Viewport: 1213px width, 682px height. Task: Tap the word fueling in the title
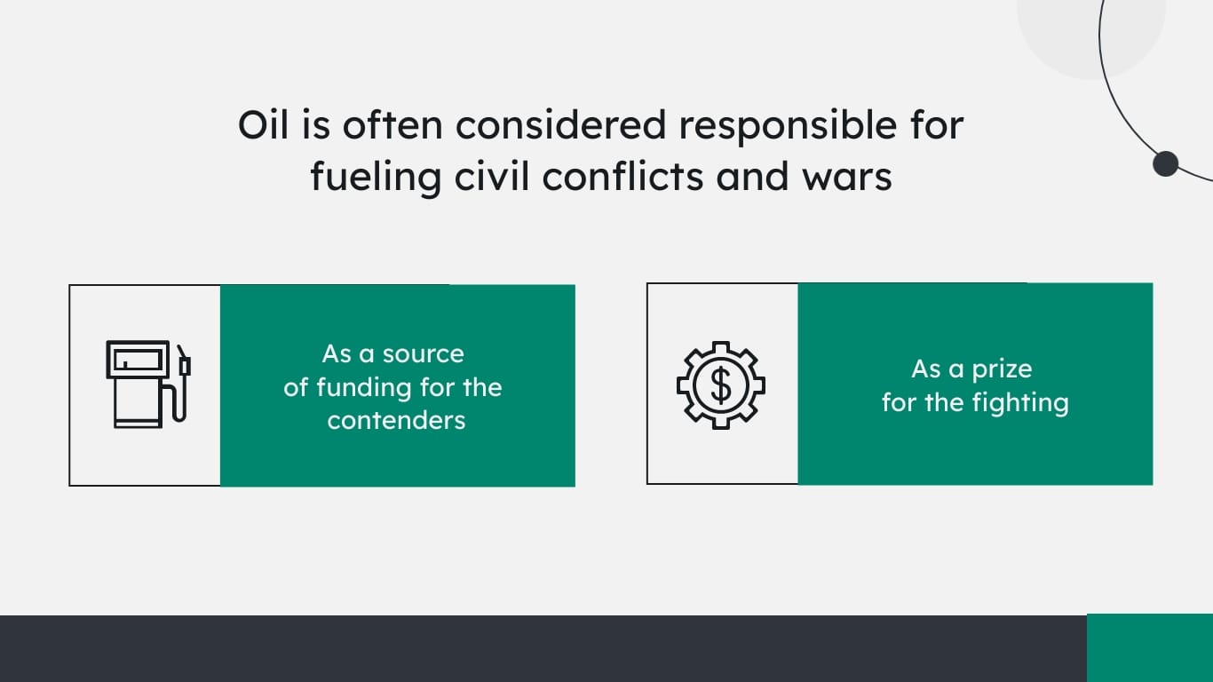376,178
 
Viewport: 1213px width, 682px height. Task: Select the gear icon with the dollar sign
721,385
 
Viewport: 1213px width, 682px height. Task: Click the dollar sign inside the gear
721,385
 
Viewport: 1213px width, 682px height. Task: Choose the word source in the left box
423,353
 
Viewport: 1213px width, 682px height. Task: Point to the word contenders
396,420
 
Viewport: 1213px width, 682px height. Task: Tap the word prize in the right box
1001,369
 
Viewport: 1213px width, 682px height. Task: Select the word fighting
1020,403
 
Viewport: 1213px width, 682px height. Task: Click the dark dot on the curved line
1165,163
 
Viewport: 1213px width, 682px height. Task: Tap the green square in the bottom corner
1150,647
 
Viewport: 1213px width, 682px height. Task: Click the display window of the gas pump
137,360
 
